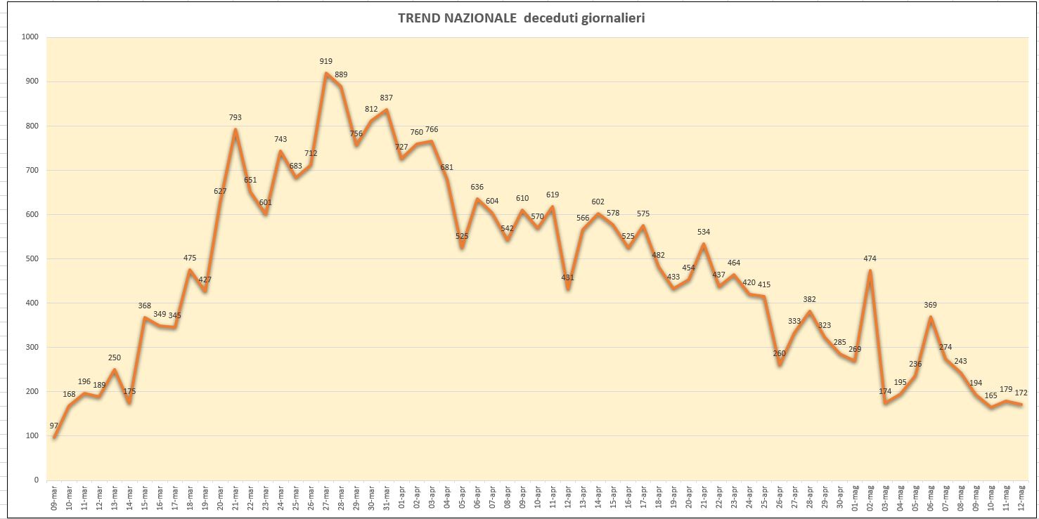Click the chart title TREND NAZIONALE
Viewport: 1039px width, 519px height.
(457, 18)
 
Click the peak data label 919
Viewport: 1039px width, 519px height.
(325, 61)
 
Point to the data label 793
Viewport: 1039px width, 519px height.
(235, 118)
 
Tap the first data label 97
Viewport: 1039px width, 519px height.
(54, 426)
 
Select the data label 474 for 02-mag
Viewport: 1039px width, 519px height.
(870, 258)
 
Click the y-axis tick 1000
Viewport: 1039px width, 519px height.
(30, 37)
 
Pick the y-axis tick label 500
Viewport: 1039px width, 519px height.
(32, 258)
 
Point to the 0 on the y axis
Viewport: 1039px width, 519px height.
(36, 480)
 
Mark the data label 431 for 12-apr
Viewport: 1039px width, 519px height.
(568, 277)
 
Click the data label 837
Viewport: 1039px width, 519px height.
(387, 98)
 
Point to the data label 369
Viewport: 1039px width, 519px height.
(931, 305)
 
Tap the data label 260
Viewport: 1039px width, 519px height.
(779, 353)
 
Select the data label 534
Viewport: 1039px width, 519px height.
(704, 232)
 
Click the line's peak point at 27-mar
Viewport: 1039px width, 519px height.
(326, 73)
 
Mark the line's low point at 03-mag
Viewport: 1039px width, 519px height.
(885, 402)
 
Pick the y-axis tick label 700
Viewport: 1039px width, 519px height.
(32, 170)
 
